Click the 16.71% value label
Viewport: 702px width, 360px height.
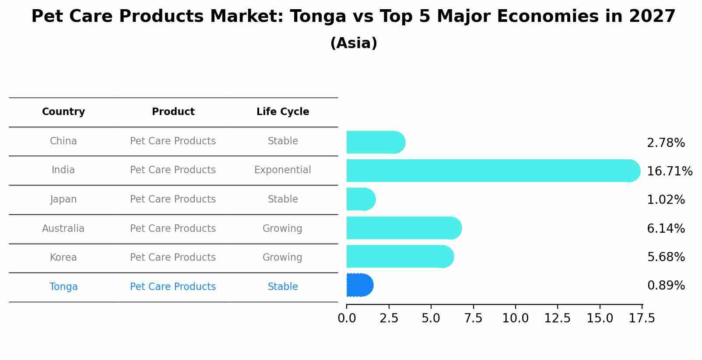point(670,171)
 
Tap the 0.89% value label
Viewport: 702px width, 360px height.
point(666,286)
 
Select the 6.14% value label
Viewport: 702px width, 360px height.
point(666,228)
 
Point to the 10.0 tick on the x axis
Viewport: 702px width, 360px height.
point(516,318)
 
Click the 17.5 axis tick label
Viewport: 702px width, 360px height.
point(642,318)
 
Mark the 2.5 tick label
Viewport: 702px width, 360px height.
point(389,318)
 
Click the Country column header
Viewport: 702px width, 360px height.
point(63,112)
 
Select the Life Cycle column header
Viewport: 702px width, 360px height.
point(283,112)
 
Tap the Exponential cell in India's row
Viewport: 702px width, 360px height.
point(283,170)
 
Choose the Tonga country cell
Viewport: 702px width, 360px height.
point(63,287)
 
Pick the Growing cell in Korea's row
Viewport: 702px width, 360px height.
point(282,257)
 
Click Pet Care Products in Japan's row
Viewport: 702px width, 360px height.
point(173,199)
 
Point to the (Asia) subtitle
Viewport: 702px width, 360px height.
point(354,43)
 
